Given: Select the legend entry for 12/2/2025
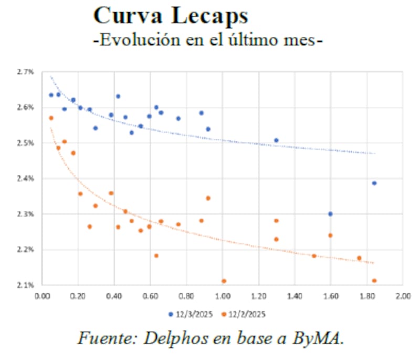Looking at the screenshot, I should click(x=243, y=314).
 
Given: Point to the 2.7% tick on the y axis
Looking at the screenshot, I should click(x=27, y=72).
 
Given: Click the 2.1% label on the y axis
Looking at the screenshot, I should click(x=27, y=285).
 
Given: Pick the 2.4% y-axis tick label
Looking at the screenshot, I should click(x=27, y=179).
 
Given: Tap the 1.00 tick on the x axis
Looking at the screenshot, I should click(x=222, y=295).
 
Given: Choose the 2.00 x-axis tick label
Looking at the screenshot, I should click(x=402, y=295).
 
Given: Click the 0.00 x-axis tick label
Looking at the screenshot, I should click(x=42, y=295).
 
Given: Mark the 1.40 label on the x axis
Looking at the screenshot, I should click(x=294, y=295).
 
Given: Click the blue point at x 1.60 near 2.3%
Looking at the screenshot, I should click(x=330, y=214).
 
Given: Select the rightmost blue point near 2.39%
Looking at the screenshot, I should click(x=374, y=183).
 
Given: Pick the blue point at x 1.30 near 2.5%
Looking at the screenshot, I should click(x=276, y=140).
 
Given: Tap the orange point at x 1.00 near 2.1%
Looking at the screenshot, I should click(x=224, y=281).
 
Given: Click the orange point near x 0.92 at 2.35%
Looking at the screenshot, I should click(x=208, y=198).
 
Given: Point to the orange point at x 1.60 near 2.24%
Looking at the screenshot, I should click(x=330, y=235).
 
